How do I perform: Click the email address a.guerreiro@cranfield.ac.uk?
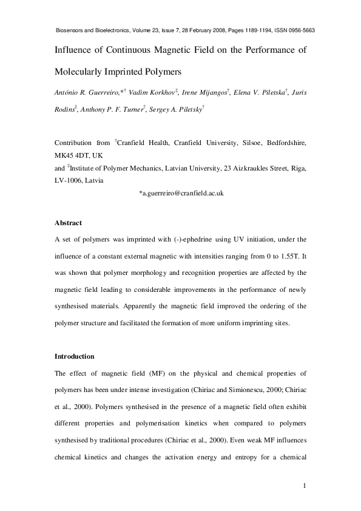[x=182, y=192]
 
